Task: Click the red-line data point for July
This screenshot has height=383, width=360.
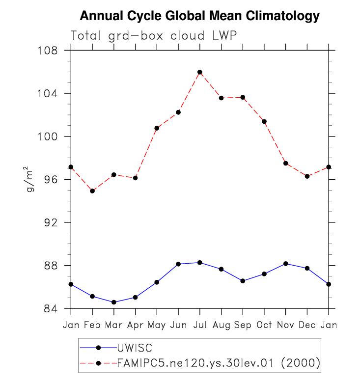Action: (200, 72)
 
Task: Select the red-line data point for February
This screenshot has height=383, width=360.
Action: (92, 191)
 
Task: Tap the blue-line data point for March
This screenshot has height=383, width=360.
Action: (114, 302)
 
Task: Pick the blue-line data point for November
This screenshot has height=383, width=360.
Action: (286, 264)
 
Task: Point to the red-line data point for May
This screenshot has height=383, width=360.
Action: (157, 128)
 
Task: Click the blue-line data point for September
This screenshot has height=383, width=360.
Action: (243, 281)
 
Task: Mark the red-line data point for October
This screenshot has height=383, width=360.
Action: (264, 121)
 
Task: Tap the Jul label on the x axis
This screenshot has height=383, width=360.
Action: (200, 325)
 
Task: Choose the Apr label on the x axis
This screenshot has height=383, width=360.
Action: (135, 325)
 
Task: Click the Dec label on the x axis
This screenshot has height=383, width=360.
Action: (307, 325)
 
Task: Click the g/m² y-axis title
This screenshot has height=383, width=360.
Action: (30, 180)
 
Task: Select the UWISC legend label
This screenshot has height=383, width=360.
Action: (135, 348)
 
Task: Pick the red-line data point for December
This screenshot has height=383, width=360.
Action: (307, 176)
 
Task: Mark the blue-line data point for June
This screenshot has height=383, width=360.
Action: (178, 264)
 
